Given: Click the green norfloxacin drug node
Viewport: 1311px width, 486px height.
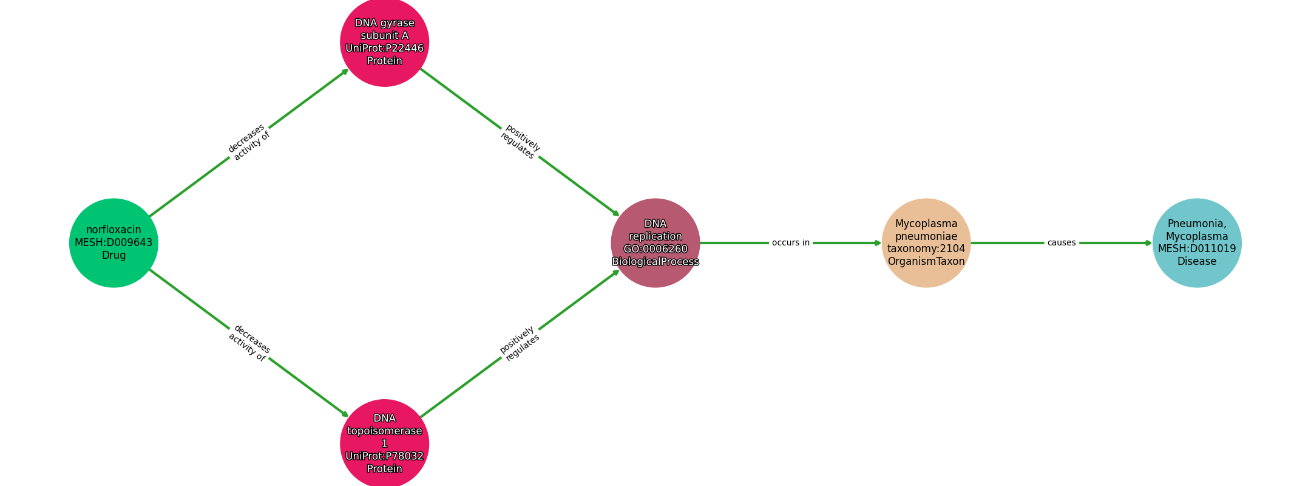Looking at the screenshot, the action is pyautogui.click(x=113, y=243).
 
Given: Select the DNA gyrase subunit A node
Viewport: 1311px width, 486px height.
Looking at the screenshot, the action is pyautogui.click(x=385, y=42).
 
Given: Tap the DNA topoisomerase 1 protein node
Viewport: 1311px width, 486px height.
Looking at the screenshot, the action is pyautogui.click(x=385, y=443).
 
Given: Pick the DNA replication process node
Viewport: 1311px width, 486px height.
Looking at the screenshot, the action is pyautogui.click(x=655, y=243).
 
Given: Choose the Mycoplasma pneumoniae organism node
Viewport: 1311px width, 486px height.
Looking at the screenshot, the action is pyautogui.click(x=926, y=243).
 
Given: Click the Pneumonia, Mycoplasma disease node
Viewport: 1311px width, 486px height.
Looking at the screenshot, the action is pyautogui.click(x=1197, y=243).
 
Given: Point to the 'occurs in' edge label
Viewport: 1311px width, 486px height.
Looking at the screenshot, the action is pyautogui.click(x=791, y=243).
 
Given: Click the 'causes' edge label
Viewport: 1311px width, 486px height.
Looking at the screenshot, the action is pyautogui.click(x=1062, y=243).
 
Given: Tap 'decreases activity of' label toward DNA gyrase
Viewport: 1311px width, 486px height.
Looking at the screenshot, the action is pyautogui.click(x=249, y=142).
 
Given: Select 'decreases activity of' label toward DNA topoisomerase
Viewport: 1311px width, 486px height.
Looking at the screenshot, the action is pyautogui.click(x=249, y=343).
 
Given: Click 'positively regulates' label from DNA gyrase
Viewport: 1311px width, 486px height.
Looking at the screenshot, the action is pyautogui.click(x=520, y=142).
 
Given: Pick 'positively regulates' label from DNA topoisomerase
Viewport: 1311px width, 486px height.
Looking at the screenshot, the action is pyautogui.click(x=520, y=343).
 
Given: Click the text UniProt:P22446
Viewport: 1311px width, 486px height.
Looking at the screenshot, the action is pyautogui.click(x=385, y=49).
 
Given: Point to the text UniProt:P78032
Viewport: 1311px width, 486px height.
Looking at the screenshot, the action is pyautogui.click(x=385, y=456).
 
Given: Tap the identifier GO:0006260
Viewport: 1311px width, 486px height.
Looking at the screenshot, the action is pyautogui.click(x=655, y=249).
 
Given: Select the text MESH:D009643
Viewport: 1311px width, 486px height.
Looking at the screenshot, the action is pyautogui.click(x=113, y=243).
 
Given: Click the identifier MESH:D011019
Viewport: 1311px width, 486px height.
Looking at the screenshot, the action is pyautogui.click(x=1197, y=249).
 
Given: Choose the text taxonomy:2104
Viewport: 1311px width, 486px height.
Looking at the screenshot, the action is pyautogui.click(x=926, y=249).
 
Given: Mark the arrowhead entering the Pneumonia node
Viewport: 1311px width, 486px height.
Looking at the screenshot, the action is pyautogui.click(x=1148, y=243).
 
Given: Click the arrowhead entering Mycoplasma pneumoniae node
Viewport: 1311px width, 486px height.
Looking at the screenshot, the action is pyautogui.click(x=878, y=243).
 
